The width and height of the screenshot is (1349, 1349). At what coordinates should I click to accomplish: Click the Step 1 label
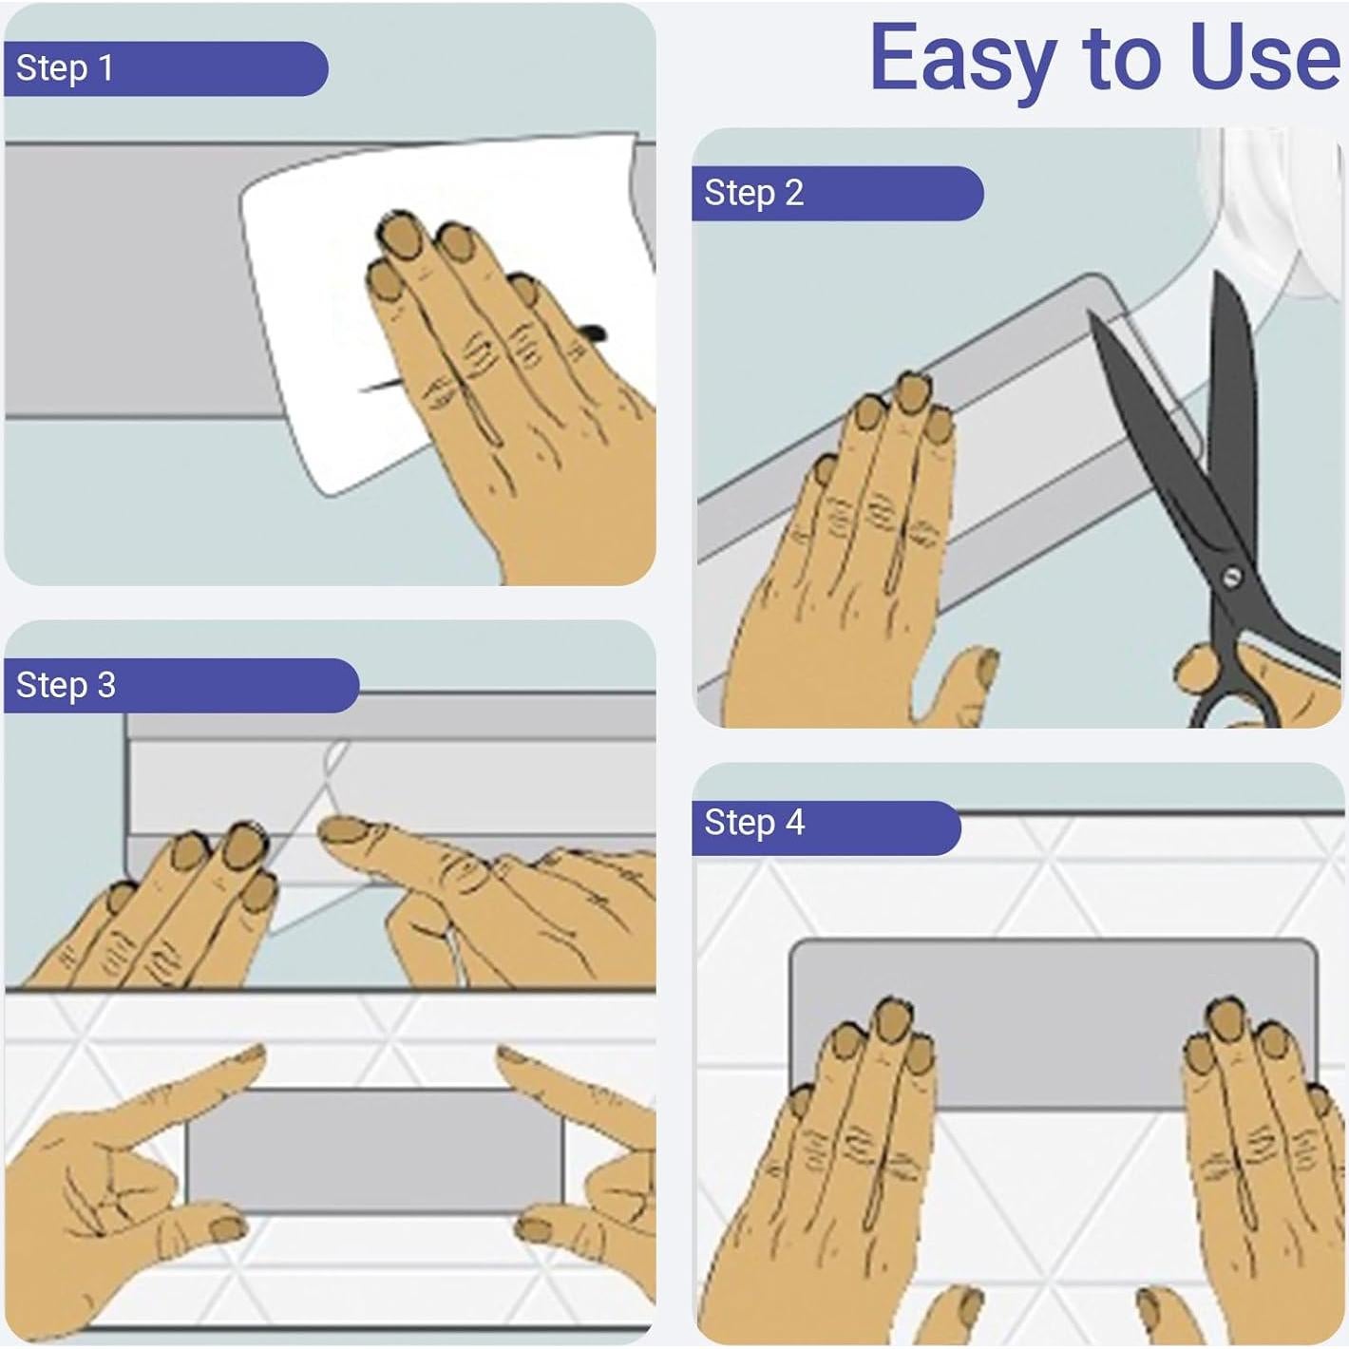click(x=65, y=68)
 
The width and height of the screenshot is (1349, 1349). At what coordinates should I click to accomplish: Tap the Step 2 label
click(x=754, y=193)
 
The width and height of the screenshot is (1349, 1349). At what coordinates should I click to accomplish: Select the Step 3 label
click(x=66, y=685)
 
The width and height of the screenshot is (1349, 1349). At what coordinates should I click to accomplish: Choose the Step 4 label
click(x=754, y=823)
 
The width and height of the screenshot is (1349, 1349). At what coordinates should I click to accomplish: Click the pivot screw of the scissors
click(x=1231, y=578)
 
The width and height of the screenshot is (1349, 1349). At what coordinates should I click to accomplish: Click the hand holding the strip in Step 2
click(x=854, y=560)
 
